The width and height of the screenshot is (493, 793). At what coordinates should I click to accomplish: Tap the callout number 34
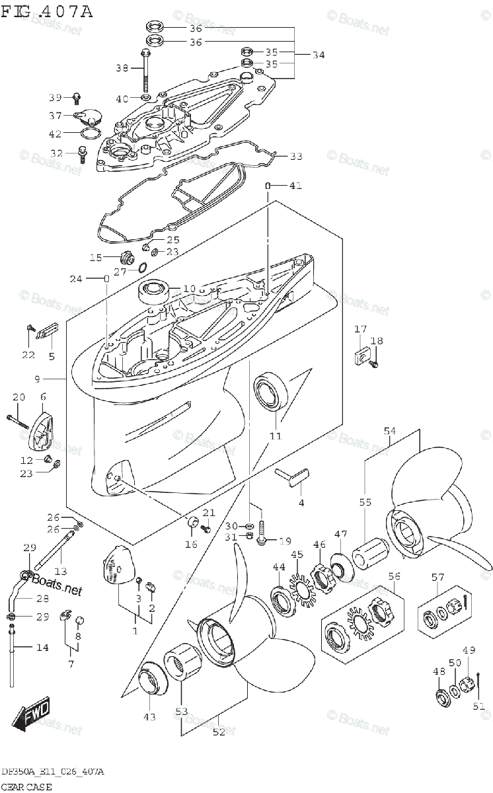point(318,55)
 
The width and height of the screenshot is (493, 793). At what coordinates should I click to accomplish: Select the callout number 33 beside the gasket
point(296,157)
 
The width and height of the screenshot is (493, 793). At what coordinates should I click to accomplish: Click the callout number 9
point(38,379)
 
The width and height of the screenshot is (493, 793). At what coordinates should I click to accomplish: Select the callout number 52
point(219,732)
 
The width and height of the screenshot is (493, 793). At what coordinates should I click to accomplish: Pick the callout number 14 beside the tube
point(42,648)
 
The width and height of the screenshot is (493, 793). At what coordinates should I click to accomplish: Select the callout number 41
point(295,186)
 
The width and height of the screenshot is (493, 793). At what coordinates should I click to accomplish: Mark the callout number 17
point(360,329)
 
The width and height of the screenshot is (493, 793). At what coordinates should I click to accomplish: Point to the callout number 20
point(19,397)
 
